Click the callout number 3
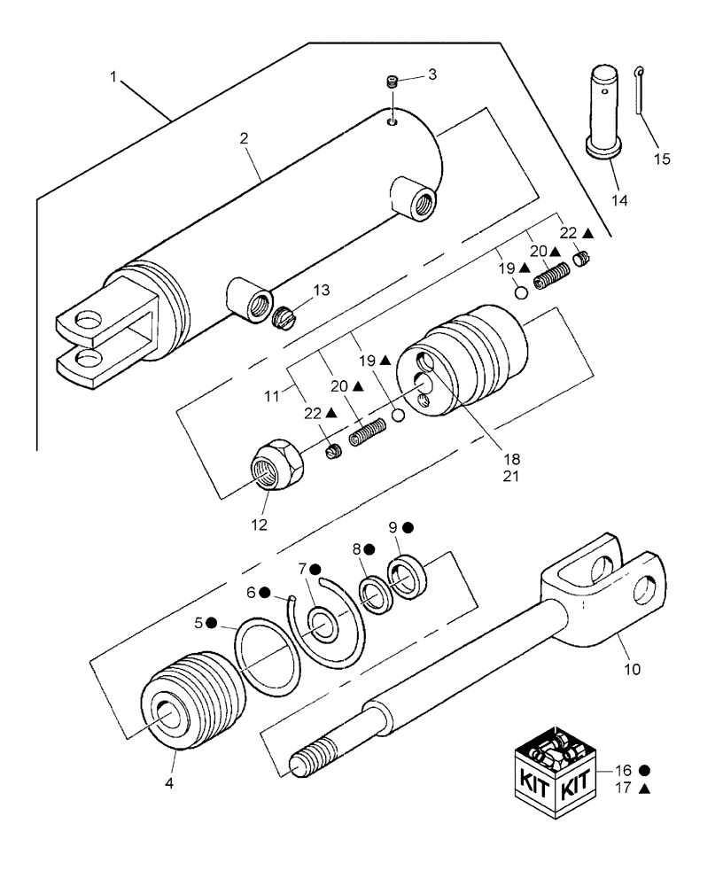(x=431, y=75)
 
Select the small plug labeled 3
(x=393, y=82)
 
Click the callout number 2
(x=244, y=138)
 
